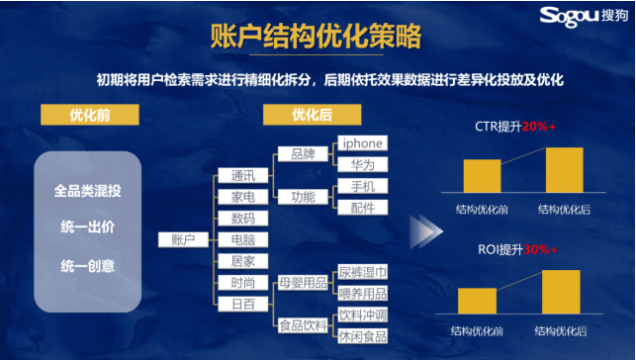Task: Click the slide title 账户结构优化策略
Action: (x=317, y=38)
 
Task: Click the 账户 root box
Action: (x=183, y=239)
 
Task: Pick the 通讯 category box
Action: (x=242, y=174)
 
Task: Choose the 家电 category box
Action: (x=242, y=196)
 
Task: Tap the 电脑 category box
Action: (x=242, y=239)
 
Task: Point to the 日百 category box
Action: (x=242, y=304)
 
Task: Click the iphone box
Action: (x=362, y=142)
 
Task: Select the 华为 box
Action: (x=362, y=164)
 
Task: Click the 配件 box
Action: (x=362, y=207)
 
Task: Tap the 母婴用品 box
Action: (x=303, y=283)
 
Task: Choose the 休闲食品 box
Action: (x=362, y=335)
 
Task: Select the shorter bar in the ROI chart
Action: (x=477, y=301)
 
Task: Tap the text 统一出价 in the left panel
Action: (x=87, y=227)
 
